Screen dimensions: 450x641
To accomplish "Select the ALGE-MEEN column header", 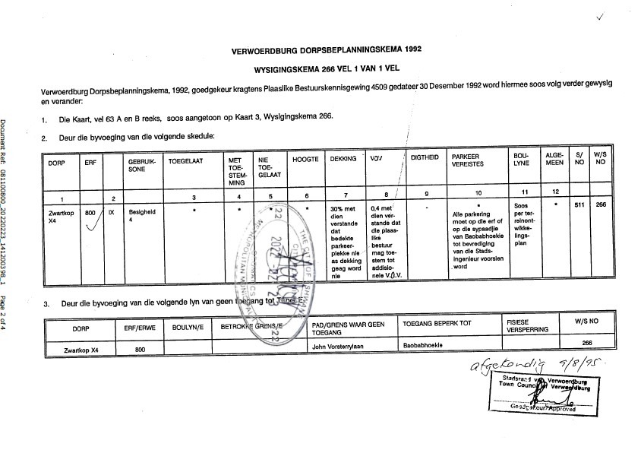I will click(554, 162).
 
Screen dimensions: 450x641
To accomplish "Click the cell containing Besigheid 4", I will click(141, 217).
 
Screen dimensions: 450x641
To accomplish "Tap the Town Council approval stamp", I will click(543, 391).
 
